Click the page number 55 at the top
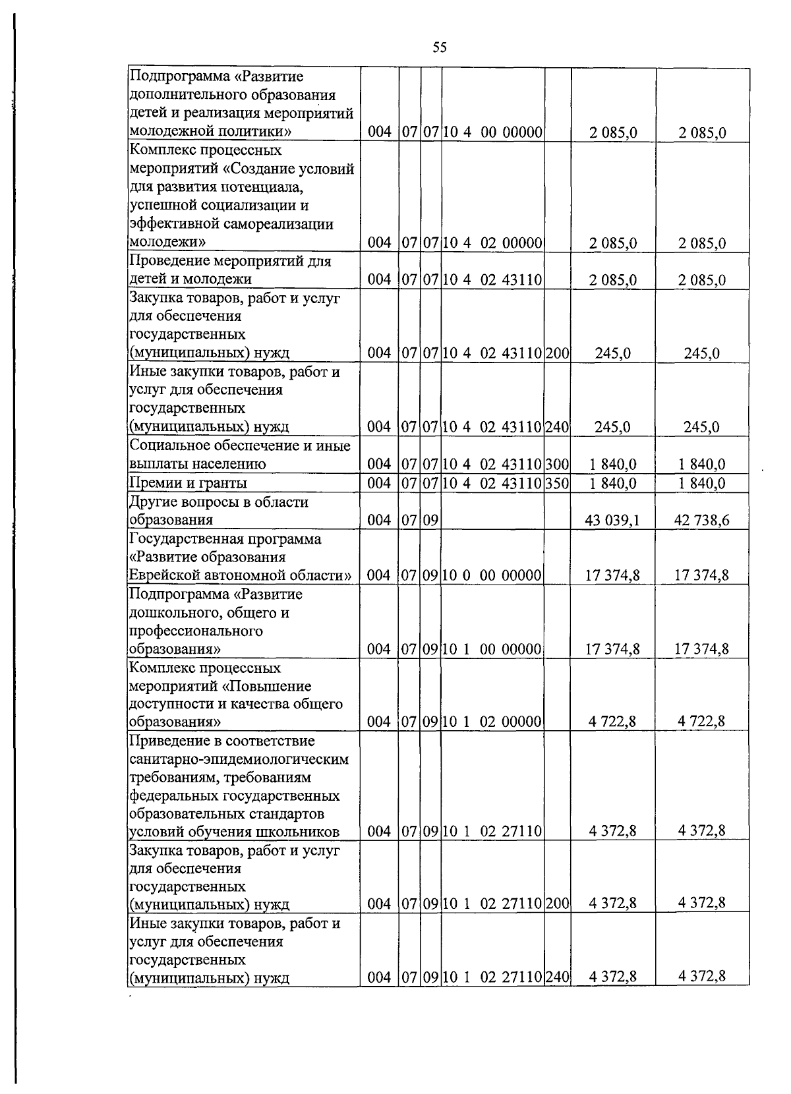(x=440, y=47)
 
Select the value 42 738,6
(x=701, y=521)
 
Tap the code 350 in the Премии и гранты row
(x=557, y=483)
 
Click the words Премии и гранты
(x=188, y=483)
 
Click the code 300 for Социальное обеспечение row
(x=557, y=464)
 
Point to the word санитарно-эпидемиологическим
(x=239, y=759)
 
